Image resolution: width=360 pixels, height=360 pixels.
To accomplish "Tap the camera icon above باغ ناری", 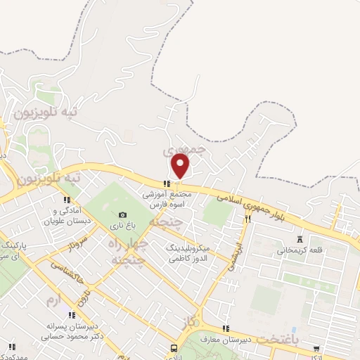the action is click(x=122, y=214).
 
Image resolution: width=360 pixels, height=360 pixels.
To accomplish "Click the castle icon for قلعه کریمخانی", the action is click(x=300, y=238).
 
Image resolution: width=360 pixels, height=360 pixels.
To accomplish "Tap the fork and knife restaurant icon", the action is click(x=247, y=219).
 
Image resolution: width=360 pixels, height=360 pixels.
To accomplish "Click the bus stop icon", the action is click(x=174, y=349).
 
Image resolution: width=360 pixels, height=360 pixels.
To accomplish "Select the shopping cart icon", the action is click(x=317, y=347).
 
